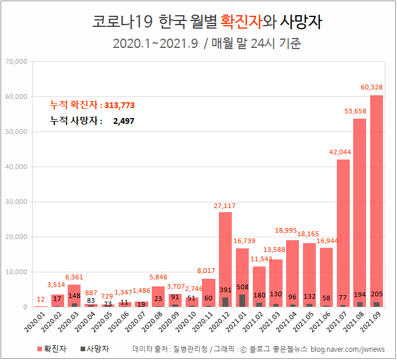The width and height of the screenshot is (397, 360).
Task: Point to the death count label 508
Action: click(x=242, y=287)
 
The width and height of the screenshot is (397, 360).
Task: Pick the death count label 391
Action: click(x=225, y=289)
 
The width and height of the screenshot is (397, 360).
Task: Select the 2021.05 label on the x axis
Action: click(x=309, y=323)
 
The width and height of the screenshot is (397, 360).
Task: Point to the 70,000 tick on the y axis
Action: click(x=16, y=61)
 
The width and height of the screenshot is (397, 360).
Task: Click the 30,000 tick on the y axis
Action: click(x=16, y=202)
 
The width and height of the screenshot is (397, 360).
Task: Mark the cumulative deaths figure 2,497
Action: click(x=124, y=121)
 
